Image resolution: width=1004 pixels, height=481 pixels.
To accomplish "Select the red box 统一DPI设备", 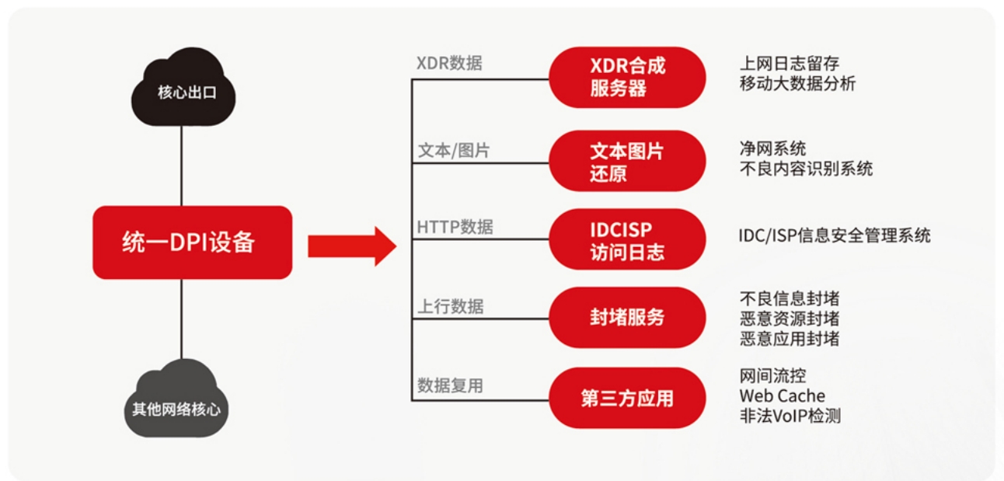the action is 192,242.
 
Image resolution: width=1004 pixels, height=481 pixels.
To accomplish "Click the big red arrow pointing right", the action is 352,246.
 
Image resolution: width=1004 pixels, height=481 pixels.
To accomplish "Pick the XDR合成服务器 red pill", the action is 627,77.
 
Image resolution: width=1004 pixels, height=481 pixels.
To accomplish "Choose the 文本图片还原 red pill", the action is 627,161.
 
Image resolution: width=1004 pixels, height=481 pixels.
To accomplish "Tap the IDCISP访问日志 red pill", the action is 627,239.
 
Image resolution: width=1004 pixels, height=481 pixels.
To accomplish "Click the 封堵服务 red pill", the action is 627,317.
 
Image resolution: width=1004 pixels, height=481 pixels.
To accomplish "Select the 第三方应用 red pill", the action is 627,398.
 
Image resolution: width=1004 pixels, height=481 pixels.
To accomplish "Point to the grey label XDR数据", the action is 449,63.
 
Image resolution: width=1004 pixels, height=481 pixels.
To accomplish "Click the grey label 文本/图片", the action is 454,150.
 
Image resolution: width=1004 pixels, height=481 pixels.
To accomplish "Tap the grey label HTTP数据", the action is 455,227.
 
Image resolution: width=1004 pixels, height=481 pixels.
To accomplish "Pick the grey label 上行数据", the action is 451,307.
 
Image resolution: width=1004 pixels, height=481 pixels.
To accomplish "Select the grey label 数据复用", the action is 450,385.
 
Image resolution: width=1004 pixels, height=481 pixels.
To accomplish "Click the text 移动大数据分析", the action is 797,83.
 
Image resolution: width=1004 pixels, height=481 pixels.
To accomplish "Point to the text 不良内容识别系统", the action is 806,169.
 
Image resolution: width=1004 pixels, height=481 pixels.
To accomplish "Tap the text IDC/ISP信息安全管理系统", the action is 835,235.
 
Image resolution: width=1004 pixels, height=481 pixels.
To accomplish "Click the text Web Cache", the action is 782,396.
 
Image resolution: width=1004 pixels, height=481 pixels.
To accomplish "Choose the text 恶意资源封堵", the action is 790,319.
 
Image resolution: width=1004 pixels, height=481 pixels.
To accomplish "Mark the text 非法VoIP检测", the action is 790,416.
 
